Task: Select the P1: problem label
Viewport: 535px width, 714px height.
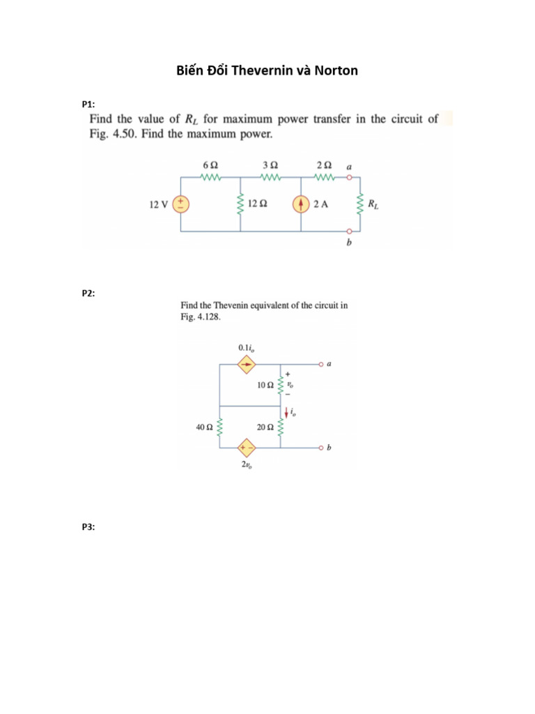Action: tap(88, 104)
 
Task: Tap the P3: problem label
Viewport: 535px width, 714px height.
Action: tap(88, 528)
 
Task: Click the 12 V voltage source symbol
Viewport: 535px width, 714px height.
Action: tap(181, 204)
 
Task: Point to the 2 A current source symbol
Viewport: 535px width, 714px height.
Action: tap(301, 204)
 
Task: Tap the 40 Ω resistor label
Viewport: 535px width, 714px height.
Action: tap(203, 427)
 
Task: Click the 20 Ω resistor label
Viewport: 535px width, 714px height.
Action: tap(265, 427)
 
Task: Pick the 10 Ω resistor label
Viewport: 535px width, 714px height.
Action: tap(265, 385)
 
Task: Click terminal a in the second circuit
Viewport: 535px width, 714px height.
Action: tap(322, 364)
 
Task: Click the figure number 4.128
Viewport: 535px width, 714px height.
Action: tap(210, 317)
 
